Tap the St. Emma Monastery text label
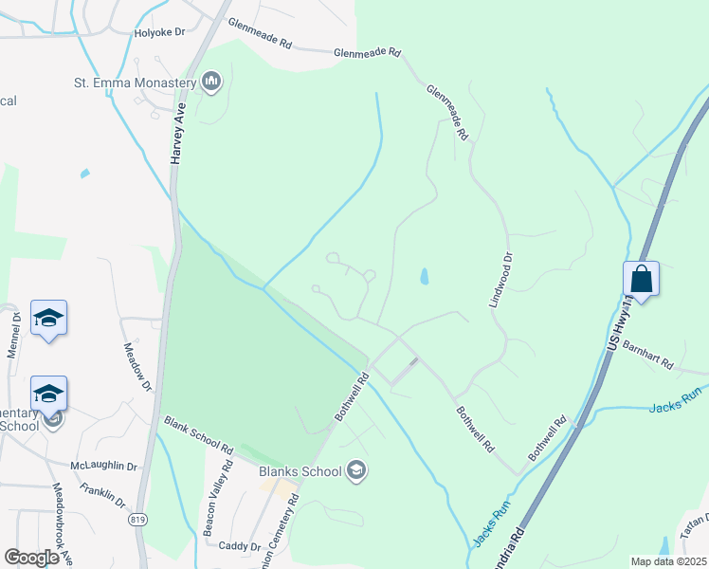(x=135, y=83)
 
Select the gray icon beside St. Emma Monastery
(x=211, y=83)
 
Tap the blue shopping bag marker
(x=642, y=279)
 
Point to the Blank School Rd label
(x=198, y=433)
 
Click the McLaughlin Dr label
(x=104, y=467)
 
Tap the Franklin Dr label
(x=103, y=493)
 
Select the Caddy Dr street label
(x=240, y=546)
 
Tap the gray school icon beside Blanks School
(x=356, y=470)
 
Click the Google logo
(x=31, y=558)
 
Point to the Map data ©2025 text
(x=668, y=561)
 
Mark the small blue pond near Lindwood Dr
(x=424, y=277)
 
